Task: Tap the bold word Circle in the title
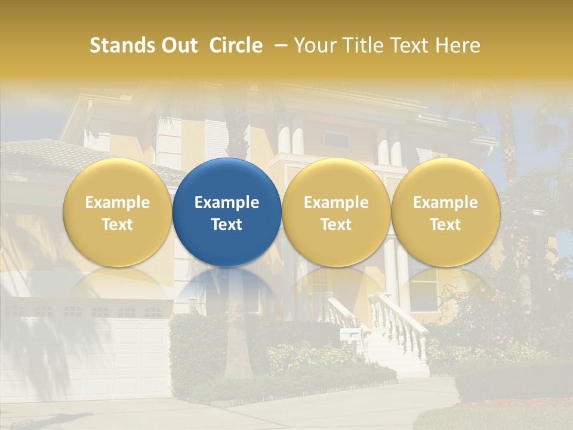click(236, 45)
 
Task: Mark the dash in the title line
click(278, 45)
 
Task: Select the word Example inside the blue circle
click(227, 202)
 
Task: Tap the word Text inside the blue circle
click(227, 225)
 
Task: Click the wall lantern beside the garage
click(193, 305)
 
